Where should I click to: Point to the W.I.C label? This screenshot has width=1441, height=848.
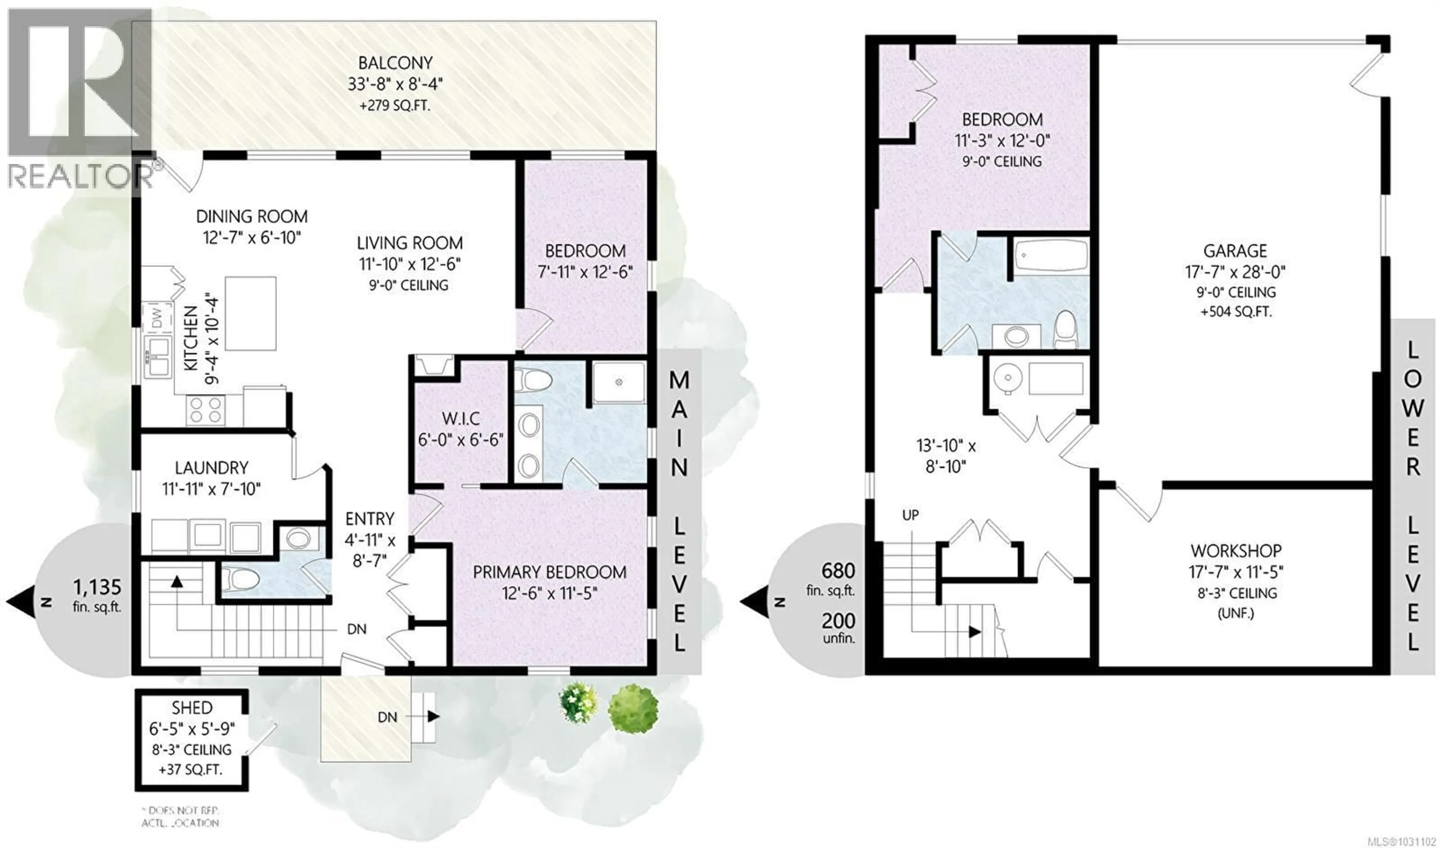461,419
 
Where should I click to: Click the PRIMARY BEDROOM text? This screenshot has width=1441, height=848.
549,572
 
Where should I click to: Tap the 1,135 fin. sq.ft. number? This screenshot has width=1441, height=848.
97,587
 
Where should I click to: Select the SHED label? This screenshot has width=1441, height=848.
192,708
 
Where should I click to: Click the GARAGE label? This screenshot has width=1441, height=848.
1235,251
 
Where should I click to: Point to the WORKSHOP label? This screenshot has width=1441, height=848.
1235,551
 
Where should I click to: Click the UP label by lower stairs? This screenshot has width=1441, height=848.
910,515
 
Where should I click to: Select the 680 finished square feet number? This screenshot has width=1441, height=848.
838,571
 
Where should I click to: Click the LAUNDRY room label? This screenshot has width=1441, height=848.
212,468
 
